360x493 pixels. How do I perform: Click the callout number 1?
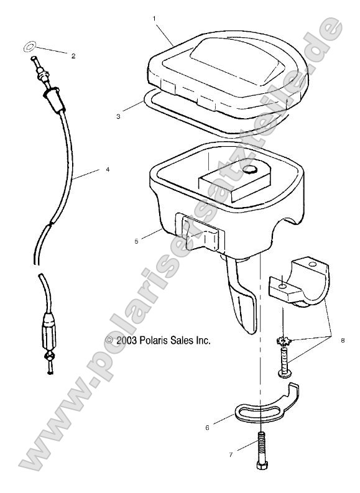tap(154, 19)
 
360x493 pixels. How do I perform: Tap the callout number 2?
tap(73, 56)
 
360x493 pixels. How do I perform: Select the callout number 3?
tap(118, 116)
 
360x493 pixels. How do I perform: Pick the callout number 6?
tap(208, 427)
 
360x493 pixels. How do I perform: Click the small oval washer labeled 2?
tap(29, 45)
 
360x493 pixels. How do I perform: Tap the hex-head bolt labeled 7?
tap(259, 451)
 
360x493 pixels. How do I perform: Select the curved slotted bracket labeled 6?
tap(267, 406)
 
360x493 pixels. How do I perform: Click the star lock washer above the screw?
tap(284, 341)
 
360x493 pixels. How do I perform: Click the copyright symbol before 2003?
tap(109, 340)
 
